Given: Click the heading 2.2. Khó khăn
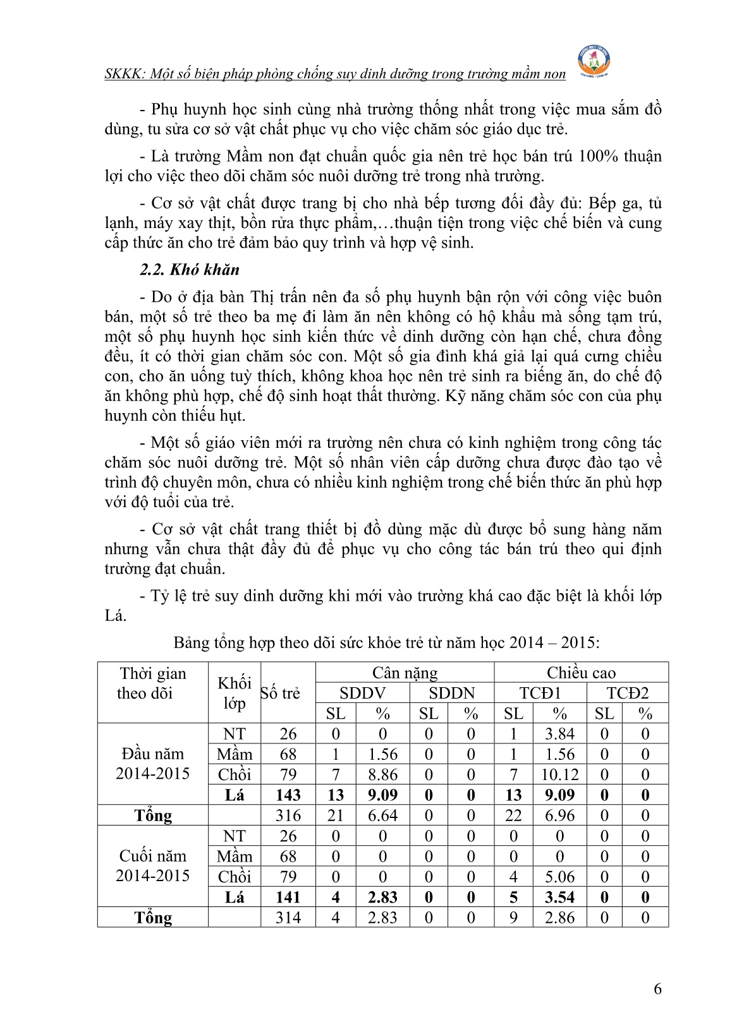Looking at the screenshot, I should click(190, 270).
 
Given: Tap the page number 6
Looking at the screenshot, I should click(658, 989).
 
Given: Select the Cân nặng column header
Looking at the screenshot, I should click(405, 673).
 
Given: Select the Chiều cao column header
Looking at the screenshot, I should click(581, 673).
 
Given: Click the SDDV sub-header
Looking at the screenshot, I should click(362, 693).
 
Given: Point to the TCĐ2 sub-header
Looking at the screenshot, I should click(627, 693).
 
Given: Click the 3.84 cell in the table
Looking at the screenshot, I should click(559, 734).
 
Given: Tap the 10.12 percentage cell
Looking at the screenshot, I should click(559, 774).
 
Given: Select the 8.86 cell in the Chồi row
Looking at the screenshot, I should click(382, 774).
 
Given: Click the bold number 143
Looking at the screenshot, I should click(288, 795).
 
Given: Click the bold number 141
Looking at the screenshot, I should click(288, 898).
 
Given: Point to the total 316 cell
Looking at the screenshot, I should click(288, 815).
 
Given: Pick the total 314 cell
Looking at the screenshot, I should click(288, 918).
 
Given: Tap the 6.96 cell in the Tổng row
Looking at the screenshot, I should click(559, 815).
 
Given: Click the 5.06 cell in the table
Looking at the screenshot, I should click(559, 877).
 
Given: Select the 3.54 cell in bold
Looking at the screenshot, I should click(559, 898).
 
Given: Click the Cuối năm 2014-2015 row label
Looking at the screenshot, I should click(152, 866).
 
